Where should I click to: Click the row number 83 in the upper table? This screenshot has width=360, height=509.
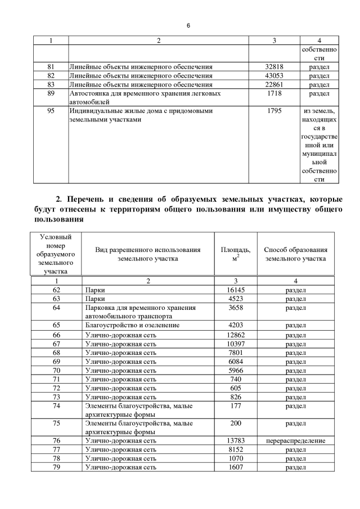(51, 84)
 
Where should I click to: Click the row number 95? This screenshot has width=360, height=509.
(51, 111)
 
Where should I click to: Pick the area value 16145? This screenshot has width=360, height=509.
(236, 290)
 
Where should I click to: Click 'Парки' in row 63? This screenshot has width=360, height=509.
(95, 299)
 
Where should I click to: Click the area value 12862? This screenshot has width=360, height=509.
(236, 335)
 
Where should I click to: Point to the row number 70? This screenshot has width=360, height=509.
(56, 371)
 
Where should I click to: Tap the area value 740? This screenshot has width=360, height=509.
(236, 380)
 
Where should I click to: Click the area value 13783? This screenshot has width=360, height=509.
(236, 440)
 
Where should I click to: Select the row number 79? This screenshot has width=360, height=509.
(56, 467)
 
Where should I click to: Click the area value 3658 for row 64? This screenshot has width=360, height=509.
(236, 308)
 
